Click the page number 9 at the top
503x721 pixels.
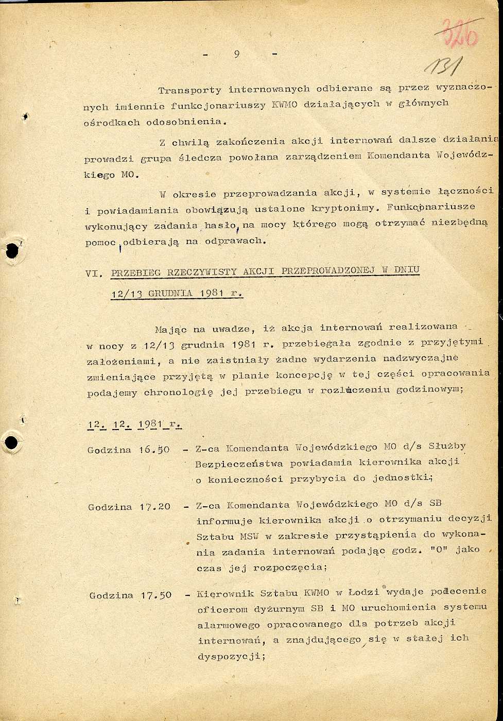click(x=236, y=55)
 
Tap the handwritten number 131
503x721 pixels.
click(x=444, y=66)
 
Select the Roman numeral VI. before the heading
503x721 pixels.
click(x=94, y=274)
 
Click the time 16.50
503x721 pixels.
click(x=154, y=450)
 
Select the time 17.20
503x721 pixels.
click(x=154, y=507)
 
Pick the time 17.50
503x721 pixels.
click(x=156, y=595)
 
